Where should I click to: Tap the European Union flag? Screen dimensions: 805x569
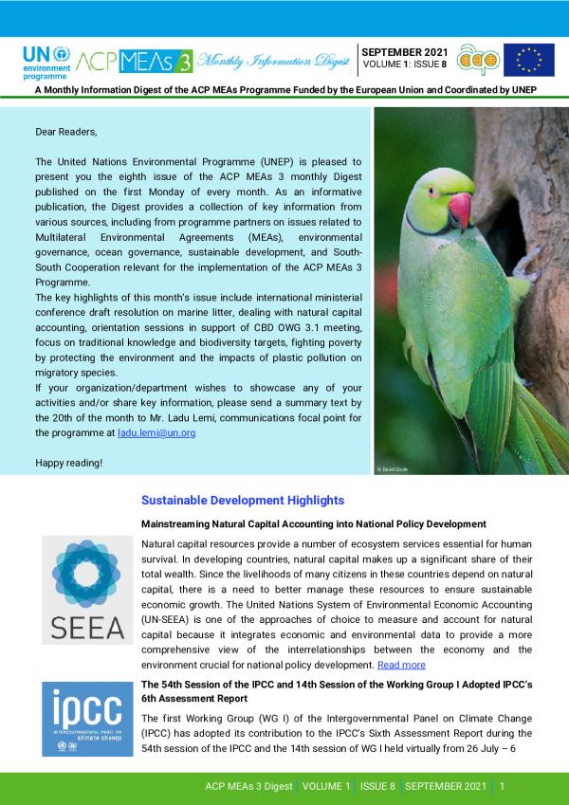(528, 60)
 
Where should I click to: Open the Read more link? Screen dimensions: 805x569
(401, 665)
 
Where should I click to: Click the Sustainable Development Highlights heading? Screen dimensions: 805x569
(242, 500)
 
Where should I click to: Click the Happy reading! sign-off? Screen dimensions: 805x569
(69, 463)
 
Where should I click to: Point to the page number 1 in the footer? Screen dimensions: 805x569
(502, 787)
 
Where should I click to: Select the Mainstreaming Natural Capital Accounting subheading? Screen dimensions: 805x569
(313, 523)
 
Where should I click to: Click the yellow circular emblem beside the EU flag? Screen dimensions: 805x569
(478, 60)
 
